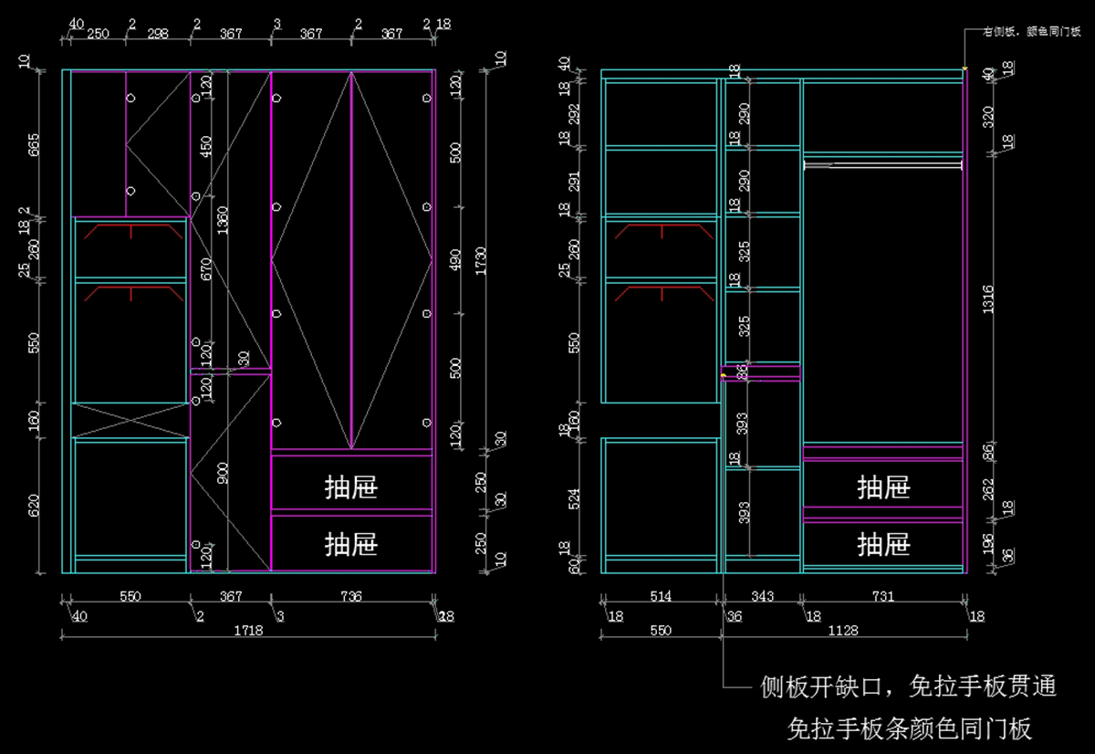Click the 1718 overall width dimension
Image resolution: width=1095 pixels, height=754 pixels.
click(x=242, y=630)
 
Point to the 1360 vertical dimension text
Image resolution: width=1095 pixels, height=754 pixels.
click(x=223, y=220)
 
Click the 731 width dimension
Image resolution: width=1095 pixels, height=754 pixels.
click(x=883, y=596)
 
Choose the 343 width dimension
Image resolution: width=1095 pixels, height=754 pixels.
click(x=762, y=596)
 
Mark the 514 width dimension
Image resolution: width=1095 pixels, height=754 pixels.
click(x=661, y=596)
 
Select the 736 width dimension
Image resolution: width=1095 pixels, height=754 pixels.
click(x=351, y=596)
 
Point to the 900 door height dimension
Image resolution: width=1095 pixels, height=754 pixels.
click(x=223, y=472)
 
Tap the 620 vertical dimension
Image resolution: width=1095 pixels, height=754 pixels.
click(x=34, y=505)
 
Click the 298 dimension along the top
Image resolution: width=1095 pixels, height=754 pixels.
click(x=158, y=34)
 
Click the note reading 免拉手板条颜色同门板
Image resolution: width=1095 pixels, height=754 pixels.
click(x=909, y=728)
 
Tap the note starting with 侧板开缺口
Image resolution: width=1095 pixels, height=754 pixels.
click(x=908, y=686)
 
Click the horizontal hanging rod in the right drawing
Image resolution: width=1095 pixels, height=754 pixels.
click(x=882, y=165)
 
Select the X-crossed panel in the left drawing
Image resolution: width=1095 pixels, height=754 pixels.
click(x=130, y=420)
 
